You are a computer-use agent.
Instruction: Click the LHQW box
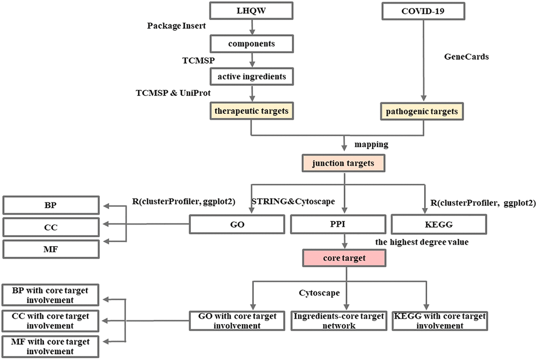pyautogui.click(x=252, y=10)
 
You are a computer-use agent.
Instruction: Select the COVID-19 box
pyautogui.click(x=419, y=10)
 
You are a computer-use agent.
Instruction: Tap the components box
pyautogui.click(x=252, y=43)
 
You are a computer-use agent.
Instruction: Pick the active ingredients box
pyautogui.click(x=252, y=76)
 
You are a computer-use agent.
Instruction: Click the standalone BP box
pyautogui.click(x=51, y=205)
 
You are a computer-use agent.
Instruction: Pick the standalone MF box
pyautogui.click(x=51, y=248)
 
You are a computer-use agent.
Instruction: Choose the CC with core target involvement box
pyautogui.click(x=51, y=320)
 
